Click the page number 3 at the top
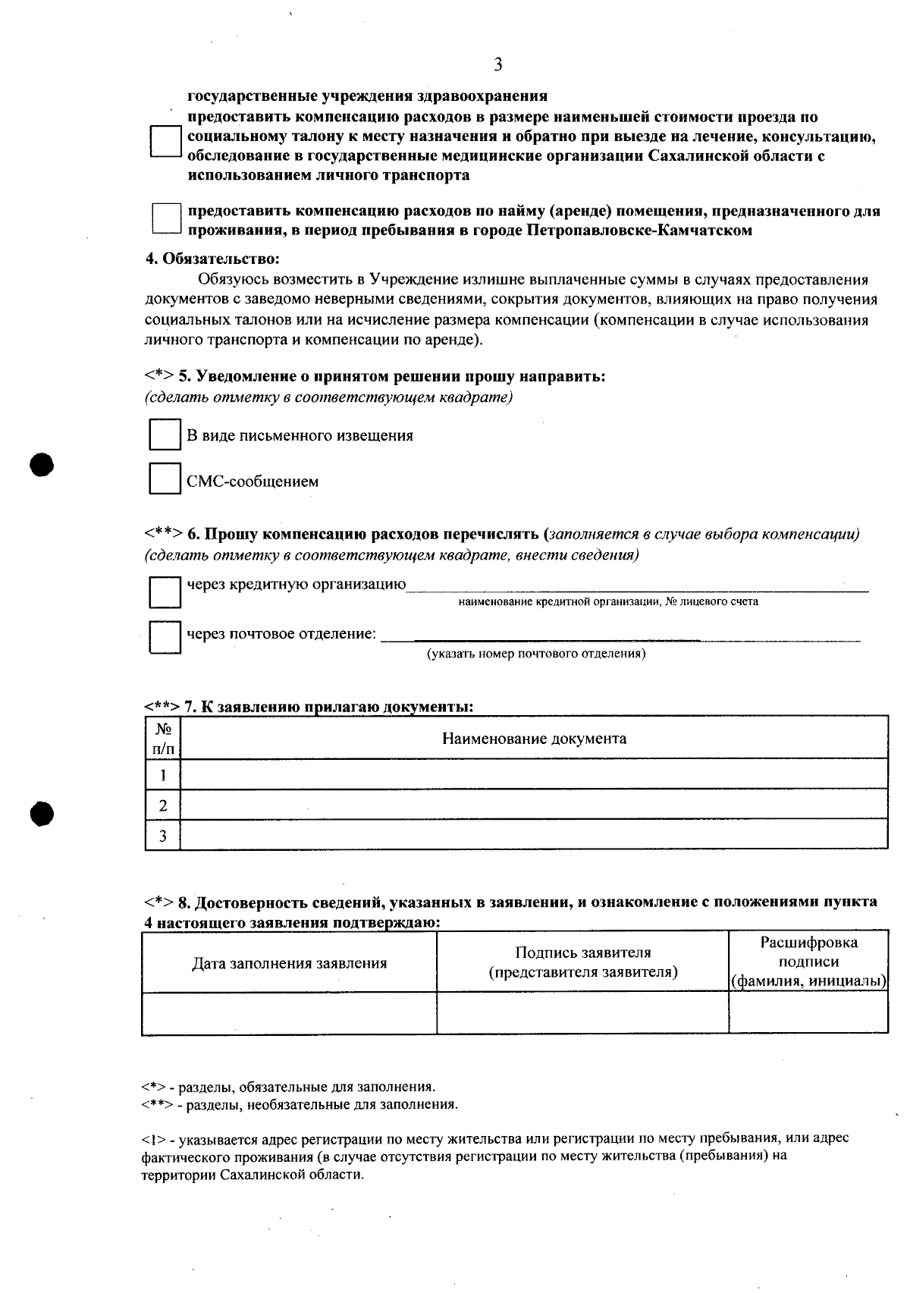(x=497, y=65)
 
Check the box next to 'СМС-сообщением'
(x=165, y=479)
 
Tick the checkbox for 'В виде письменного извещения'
(x=165, y=435)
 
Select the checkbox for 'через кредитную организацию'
(x=165, y=592)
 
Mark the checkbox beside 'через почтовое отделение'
(x=165, y=637)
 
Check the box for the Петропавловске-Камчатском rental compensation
(x=166, y=218)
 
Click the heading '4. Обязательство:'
(x=212, y=259)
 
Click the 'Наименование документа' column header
(x=534, y=739)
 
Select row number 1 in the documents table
(x=162, y=775)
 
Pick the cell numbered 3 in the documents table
(x=162, y=836)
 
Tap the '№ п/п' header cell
(x=162, y=739)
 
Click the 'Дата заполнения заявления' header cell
(x=289, y=963)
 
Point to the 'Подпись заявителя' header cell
(x=582, y=962)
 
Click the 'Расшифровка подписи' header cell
(x=808, y=962)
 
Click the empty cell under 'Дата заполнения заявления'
(x=289, y=1013)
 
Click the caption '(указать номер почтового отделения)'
(x=536, y=654)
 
